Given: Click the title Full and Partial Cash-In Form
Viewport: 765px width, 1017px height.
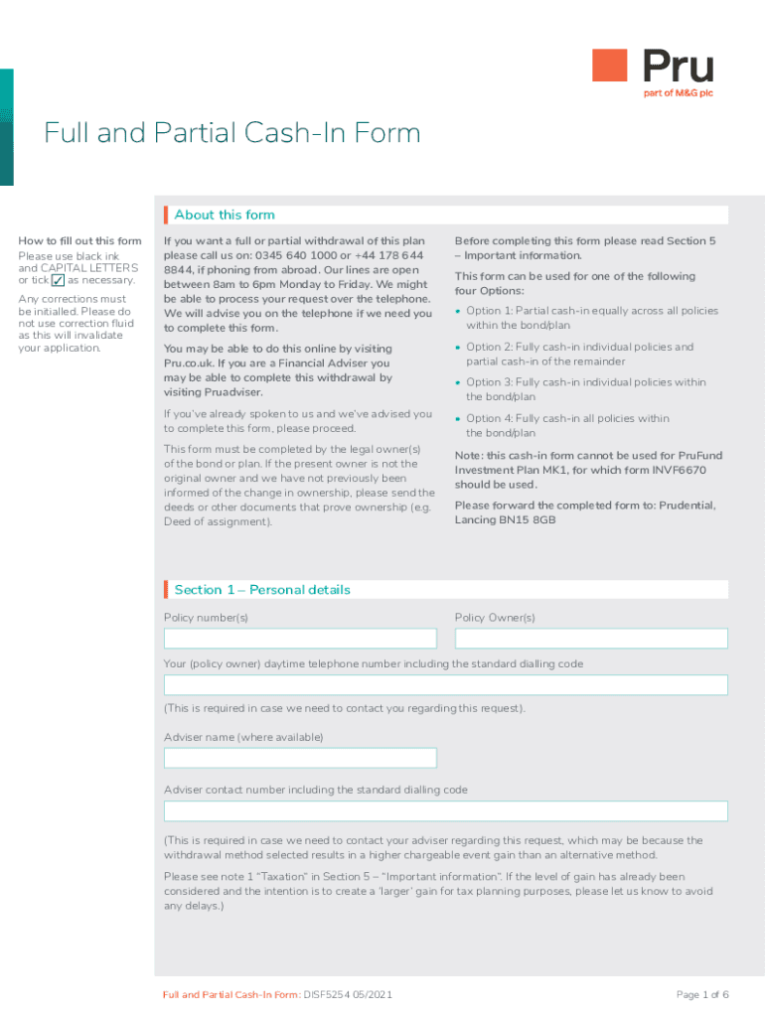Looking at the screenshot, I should click(231, 133).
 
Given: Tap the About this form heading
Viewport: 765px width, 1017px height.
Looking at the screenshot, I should click(225, 215).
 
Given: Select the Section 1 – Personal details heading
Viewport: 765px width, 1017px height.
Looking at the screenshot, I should click(262, 590).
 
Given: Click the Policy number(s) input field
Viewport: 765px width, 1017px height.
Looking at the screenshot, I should click(300, 639).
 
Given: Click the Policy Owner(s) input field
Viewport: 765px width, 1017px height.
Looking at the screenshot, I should click(591, 639).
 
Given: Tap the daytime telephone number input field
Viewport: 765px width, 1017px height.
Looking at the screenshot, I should click(445, 685).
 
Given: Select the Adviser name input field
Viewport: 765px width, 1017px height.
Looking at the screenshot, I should click(300, 759).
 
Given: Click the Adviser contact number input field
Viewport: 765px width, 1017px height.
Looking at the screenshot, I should click(445, 811).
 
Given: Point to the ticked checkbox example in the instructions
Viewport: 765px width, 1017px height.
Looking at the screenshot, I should click(58, 281).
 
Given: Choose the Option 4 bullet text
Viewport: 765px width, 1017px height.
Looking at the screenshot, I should click(567, 425).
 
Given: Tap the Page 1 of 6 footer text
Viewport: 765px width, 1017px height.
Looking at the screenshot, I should click(702, 995).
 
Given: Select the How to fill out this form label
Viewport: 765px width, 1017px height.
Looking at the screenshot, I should click(80, 241).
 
